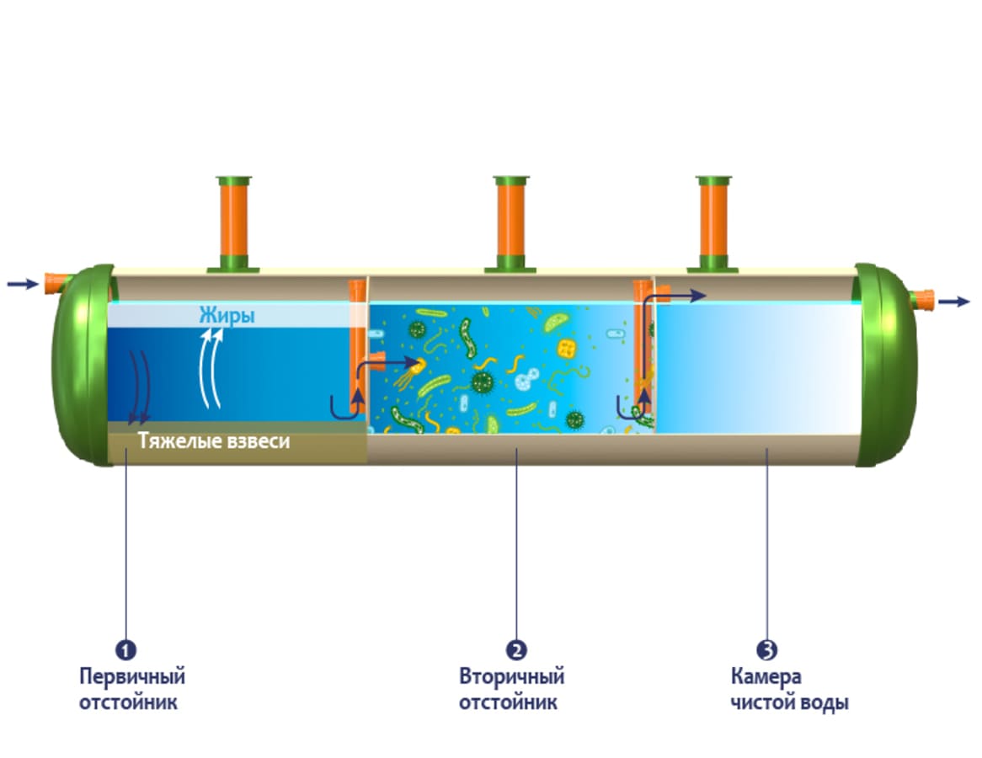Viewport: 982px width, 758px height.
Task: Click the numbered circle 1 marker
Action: [x=125, y=649]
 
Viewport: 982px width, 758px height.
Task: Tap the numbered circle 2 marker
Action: [x=516, y=649]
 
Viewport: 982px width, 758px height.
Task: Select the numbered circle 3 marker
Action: [x=766, y=649]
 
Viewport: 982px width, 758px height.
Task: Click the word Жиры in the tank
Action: [x=227, y=316]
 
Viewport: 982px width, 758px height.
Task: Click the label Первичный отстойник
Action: [x=132, y=689]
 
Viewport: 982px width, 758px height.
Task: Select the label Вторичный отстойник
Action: [x=511, y=689]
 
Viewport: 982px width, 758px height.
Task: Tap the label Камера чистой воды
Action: [x=789, y=689]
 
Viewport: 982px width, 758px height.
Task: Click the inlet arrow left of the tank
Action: [x=22, y=284]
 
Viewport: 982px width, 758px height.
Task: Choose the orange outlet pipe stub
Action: [x=921, y=298]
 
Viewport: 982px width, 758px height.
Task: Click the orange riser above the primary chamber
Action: [x=233, y=224]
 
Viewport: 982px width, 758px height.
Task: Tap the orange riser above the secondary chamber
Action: [x=510, y=224]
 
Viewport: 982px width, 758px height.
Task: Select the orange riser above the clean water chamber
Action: [x=713, y=224]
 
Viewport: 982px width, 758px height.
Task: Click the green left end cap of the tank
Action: [x=80, y=366]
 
